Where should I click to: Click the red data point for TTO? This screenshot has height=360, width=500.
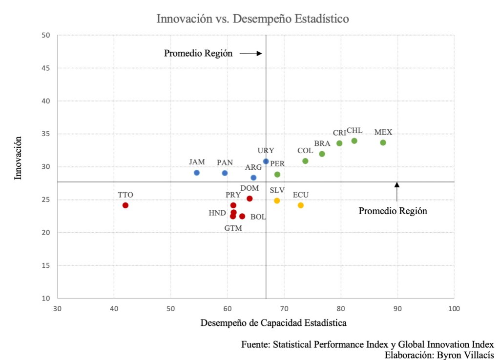125,205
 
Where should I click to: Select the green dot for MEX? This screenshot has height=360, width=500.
383,142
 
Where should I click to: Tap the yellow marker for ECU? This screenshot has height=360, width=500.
301,205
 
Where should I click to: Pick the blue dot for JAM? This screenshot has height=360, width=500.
197,173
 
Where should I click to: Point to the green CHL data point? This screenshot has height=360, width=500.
354,141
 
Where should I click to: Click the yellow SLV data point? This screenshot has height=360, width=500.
277,200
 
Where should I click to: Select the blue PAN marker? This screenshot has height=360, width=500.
225,173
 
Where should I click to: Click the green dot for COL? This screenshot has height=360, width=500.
305,161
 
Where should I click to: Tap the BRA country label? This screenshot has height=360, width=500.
322,143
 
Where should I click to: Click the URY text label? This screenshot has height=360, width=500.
266,150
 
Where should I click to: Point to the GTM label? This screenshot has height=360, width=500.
233,228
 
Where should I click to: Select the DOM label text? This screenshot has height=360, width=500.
250,188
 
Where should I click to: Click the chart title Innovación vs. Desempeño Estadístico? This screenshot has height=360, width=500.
252,19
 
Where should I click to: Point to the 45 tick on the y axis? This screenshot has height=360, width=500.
47,68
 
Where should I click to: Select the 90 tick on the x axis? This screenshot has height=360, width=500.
397,308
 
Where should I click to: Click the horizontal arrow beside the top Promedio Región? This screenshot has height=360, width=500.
252,54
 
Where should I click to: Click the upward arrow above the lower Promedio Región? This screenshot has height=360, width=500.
397,191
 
